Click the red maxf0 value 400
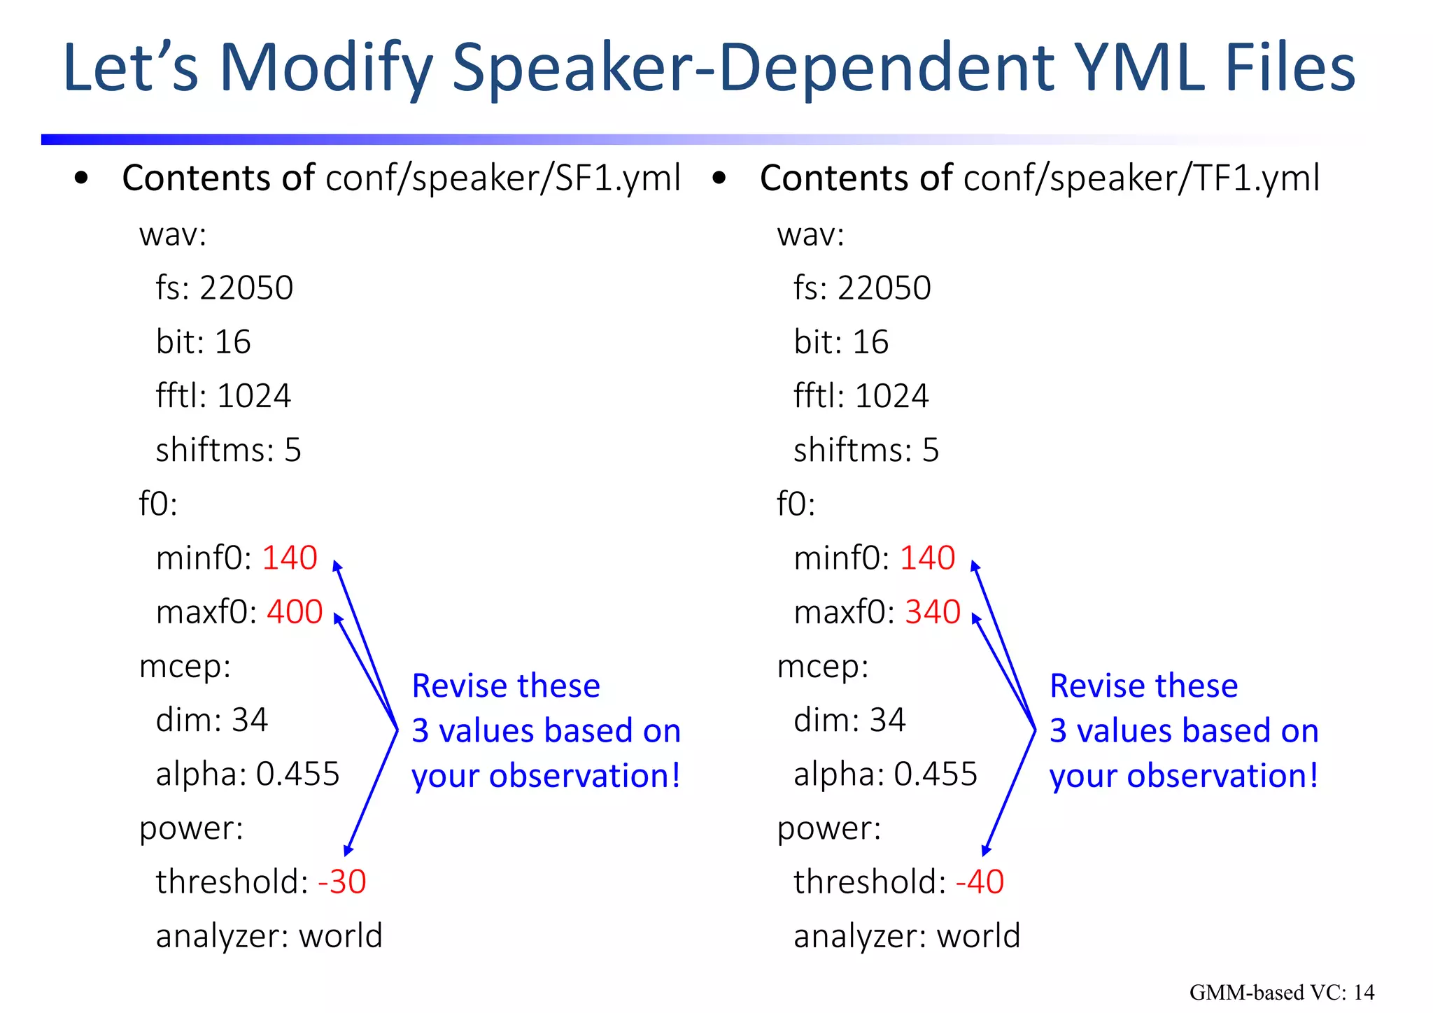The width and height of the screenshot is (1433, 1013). coord(295,612)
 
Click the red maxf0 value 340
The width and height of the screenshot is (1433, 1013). coord(933,612)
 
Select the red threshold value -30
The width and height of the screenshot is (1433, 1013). coord(342,881)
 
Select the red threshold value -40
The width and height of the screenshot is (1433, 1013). coord(980,881)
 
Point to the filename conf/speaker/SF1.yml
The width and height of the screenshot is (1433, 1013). coord(503,178)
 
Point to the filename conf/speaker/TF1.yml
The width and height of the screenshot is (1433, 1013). coord(1141,178)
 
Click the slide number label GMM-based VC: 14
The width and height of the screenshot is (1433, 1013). coord(1281,992)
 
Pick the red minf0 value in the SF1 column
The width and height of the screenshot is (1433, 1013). coord(290,558)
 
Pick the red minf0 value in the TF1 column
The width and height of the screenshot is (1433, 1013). coord(927,558)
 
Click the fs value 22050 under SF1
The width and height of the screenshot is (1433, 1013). coord(246,288)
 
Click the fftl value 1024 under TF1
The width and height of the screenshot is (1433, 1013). coord(891,397)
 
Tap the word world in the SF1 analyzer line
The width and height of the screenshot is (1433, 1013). coord(341,936)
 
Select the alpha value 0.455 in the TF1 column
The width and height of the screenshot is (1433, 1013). coord(936,774)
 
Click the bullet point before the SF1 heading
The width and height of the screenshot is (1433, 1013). coord(81,178)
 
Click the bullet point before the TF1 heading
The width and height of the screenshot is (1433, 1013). coord(719,178)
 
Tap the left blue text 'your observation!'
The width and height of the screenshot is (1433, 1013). coord(546,777)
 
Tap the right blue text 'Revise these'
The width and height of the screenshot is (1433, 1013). coord(1143,686)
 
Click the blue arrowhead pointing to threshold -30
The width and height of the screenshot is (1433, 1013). coord(348,850)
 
